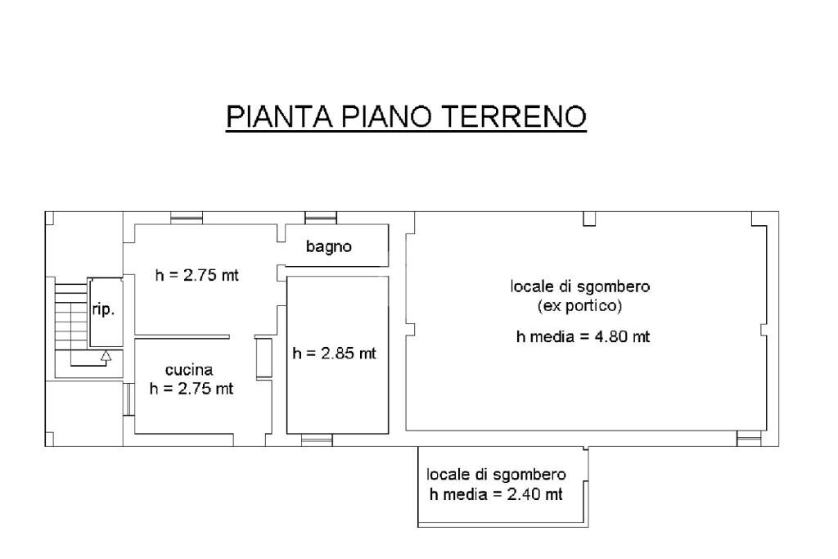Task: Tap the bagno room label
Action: (329, 246)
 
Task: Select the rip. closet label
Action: (103, 311)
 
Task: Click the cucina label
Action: (190, 370)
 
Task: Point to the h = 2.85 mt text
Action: (335, 354)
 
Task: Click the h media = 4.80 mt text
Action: (583, 336)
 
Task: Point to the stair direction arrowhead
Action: (105, 355)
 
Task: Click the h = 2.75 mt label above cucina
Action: (197, 275)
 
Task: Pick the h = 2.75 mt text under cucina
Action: (191, 389)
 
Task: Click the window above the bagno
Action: (320, 218)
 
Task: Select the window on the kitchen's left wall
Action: (128, 400)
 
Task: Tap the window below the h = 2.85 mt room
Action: (318, 440)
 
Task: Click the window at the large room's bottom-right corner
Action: (749, 440)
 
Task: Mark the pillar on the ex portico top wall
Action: (588, 219)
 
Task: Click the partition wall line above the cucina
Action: (182, 336)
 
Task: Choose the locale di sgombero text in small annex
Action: (496, 475)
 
